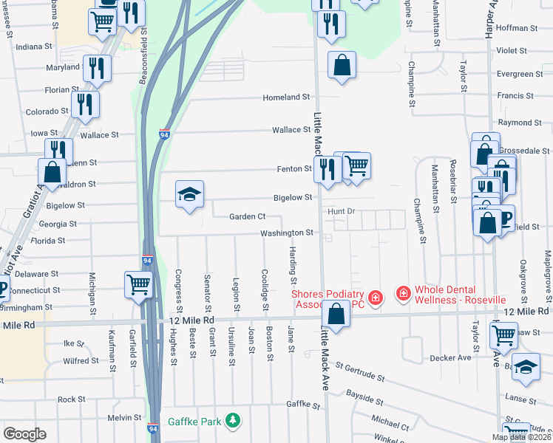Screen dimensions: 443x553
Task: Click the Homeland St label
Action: (x=287, y=97)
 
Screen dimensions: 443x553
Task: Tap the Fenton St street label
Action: (x=294, y=168)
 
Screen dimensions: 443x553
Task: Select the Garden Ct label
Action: (x=247, y=216)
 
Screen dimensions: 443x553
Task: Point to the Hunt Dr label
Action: (x=342, y=211)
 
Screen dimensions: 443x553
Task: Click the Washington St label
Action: (x=287, y=233)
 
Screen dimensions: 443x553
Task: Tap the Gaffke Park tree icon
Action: (x=234, y=421)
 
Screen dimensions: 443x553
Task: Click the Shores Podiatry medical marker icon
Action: (x=376, y=297)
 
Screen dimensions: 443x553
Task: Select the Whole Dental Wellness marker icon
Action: (x=403, y=294)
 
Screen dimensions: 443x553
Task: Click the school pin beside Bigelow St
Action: (x=189, y=196)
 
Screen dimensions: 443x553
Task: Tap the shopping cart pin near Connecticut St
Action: (x=138, y=284)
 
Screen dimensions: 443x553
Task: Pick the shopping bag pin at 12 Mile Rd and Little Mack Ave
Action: (x=336, y=314)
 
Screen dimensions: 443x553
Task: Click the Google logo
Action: (x=24, y=434)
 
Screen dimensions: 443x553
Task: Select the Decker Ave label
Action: (x=450, y=358)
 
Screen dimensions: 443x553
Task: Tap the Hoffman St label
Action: (x=517, y=28)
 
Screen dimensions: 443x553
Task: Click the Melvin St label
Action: (x=123, y=417)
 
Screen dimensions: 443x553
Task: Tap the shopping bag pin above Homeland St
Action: (x=342, y=64)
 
